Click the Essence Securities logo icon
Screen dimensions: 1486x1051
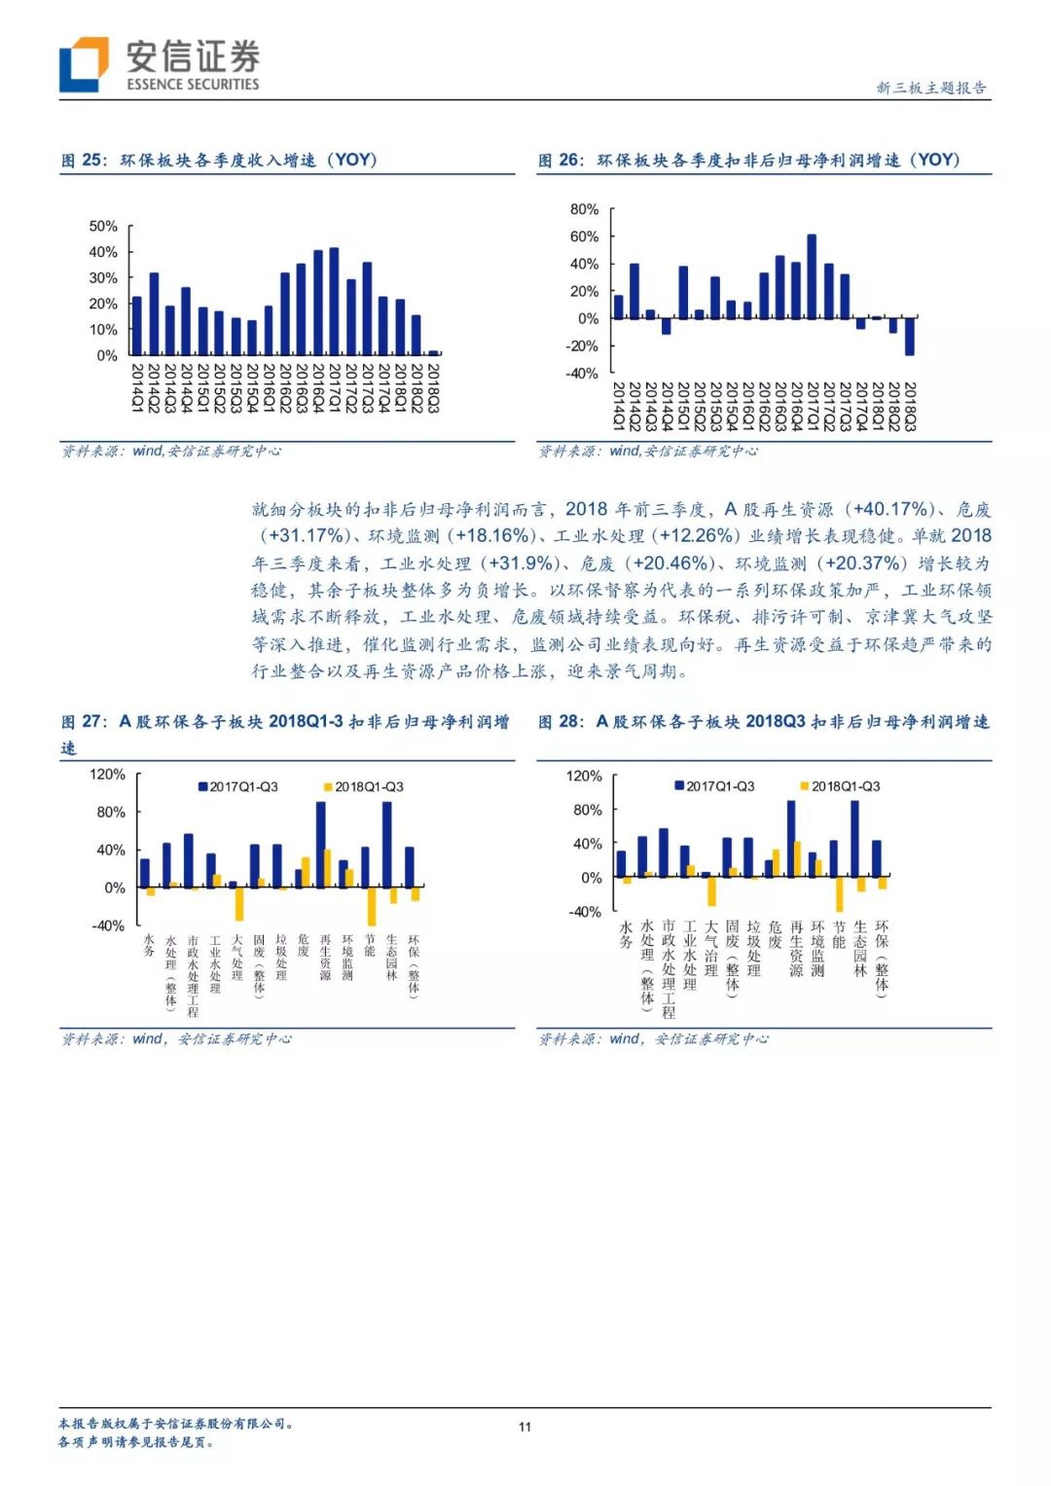tap(84, 64)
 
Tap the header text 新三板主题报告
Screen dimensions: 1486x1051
tap(930, 88)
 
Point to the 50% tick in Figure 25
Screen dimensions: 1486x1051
tap(103, 226)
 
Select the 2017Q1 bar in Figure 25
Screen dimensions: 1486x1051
tap(334, 301)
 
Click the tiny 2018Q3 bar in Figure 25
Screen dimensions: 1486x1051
tap(433, 352)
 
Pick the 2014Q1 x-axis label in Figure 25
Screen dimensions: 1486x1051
tap(136, 387)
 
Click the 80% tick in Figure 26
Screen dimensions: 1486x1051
tap(584, 209)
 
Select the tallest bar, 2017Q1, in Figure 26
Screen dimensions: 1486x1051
tap(812, 276)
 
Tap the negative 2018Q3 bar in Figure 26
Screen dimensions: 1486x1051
tap(910, 336)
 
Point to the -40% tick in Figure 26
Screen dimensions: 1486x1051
tap(583, 373)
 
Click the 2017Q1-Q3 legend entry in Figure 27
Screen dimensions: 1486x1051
tap(238, 786)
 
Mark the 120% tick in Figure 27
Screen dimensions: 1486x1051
tap(107, 775)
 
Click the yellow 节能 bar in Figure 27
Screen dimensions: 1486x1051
tap(372, 905)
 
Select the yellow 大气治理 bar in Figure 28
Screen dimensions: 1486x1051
tap(711, 890)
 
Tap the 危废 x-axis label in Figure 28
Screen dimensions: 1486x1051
tap(776, 935)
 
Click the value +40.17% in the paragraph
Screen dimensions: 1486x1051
tap(890, 509)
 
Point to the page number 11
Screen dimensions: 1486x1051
tap(525, 1427)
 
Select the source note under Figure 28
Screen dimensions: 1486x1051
tap(653, 1039)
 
